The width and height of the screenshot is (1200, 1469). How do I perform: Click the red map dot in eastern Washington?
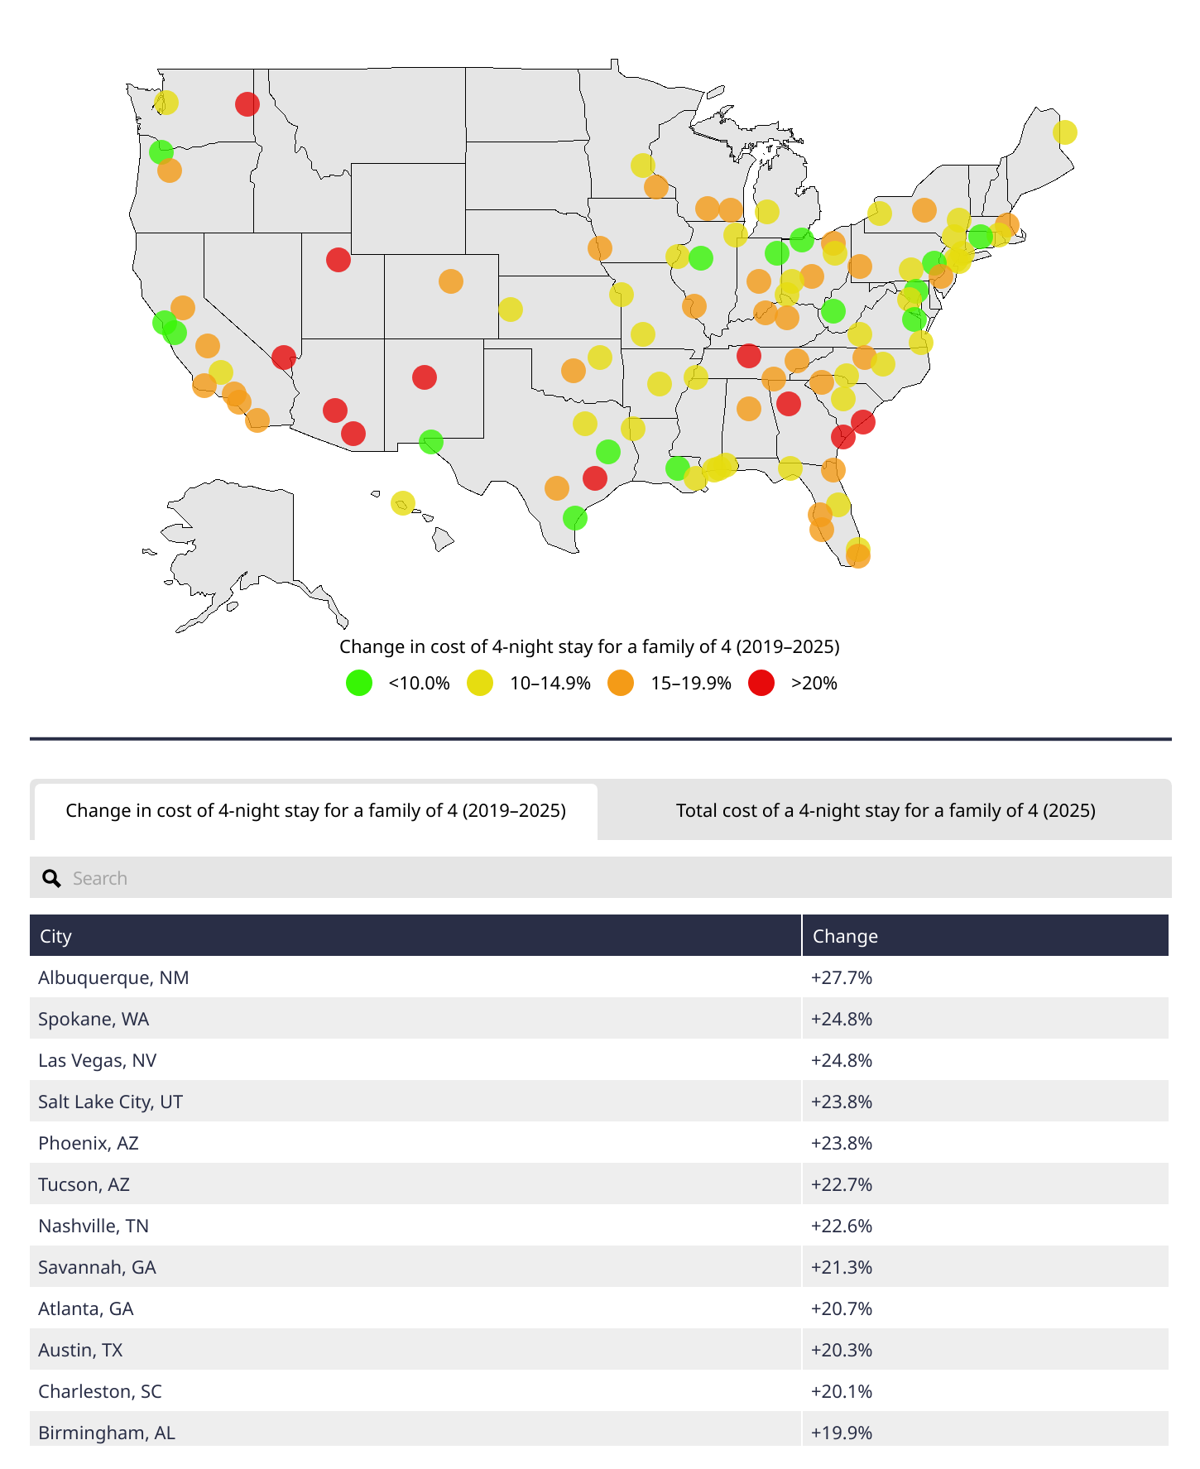[x=247, y=104]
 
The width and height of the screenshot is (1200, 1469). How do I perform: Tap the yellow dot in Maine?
[x=1064, y=132]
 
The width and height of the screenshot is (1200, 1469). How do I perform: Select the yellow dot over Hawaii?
[x=402, y=503]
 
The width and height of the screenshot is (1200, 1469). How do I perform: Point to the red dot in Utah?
[x=338, y=260]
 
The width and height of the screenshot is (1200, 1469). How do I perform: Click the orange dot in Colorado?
[x=450, y=281]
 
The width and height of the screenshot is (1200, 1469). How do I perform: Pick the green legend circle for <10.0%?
[x=359, y=683]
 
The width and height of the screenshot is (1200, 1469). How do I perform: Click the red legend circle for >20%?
[x=761, y=683]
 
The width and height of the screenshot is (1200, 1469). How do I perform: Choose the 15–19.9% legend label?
[x=690, y=683]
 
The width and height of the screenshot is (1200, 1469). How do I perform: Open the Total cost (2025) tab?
[x=885, y=810]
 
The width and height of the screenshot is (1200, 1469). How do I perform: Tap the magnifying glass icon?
[x=51, y=878]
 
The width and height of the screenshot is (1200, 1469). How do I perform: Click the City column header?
[x=56, y=936]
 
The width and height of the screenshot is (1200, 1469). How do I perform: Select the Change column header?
[x=845, y=936]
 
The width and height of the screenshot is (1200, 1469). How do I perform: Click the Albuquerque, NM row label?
[x=113, y=977]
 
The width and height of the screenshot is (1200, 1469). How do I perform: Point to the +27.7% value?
[x=842, y=977]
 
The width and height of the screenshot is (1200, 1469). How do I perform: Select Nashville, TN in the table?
[x=94, y=1226]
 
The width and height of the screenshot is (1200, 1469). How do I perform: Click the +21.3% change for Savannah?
[x=842, y=1267]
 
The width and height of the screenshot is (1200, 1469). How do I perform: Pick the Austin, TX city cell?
[x=80, y=1350]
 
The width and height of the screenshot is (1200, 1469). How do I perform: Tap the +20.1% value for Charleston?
[x=842, y=1391]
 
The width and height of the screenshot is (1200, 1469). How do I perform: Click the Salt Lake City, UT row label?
[x=110, y=1102]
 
